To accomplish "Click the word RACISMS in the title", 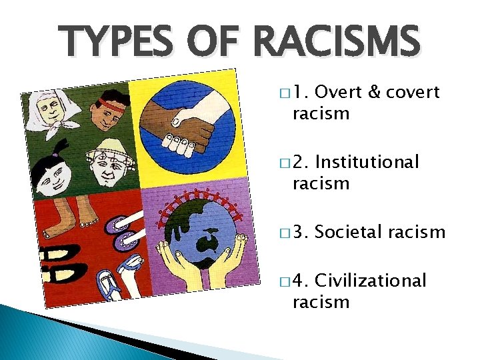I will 336,43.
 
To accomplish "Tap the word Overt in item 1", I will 341,92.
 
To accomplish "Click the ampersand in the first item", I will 374,92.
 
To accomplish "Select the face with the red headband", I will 102,113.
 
